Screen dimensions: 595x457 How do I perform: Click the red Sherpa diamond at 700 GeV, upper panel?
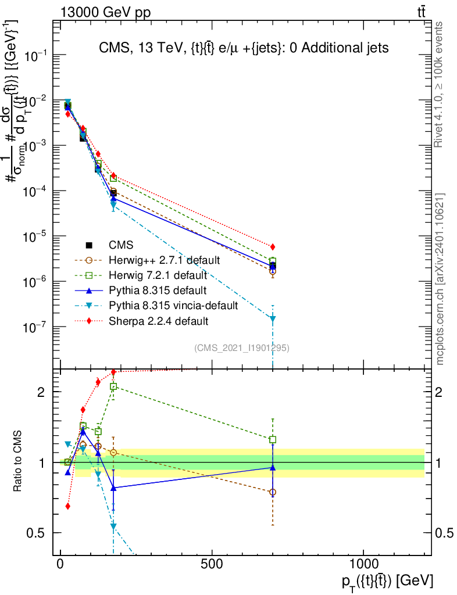tap(273, 247)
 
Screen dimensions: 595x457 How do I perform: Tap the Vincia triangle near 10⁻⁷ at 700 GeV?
tap(273, 318)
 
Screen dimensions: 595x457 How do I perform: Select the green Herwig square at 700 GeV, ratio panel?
tap(273, 440)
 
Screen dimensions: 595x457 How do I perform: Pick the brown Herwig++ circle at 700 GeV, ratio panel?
tap(273, 492)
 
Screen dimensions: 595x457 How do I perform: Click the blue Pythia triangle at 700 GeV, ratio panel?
tap(273, 467)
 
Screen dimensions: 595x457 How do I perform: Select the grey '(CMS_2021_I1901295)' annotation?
tap(242, 348)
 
